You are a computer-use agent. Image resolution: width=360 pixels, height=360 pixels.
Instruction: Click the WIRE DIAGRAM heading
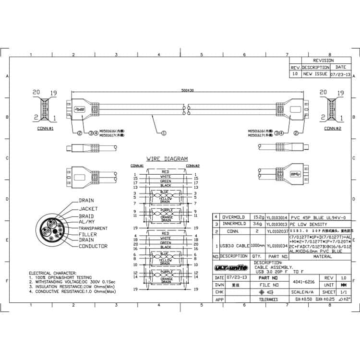[x=167, y=159]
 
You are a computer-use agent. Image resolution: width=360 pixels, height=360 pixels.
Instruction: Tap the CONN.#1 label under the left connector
[x=45, y=129]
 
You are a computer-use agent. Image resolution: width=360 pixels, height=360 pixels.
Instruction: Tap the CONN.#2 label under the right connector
[x=333, y=129]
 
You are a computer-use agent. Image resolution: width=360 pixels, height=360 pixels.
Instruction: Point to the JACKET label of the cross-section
[x=88, y=209]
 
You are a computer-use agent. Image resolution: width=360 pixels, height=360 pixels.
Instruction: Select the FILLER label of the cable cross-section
[x=87, y=234]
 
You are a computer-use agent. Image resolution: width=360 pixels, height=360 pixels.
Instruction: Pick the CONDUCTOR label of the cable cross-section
[x=92, y=246]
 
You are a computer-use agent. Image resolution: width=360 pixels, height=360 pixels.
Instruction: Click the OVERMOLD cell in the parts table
[x=234, y=217]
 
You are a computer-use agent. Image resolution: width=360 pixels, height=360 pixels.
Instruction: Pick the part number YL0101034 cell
[x=277, y=245]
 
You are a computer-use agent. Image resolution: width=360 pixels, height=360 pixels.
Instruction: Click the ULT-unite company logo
[x=231, y=267]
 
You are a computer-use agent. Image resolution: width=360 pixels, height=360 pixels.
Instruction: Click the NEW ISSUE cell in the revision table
[x=314, y=74]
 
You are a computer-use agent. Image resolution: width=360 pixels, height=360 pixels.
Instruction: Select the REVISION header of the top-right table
[x=323, y=61]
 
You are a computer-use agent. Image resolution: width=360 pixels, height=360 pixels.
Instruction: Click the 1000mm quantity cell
[x=257, y=245]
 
